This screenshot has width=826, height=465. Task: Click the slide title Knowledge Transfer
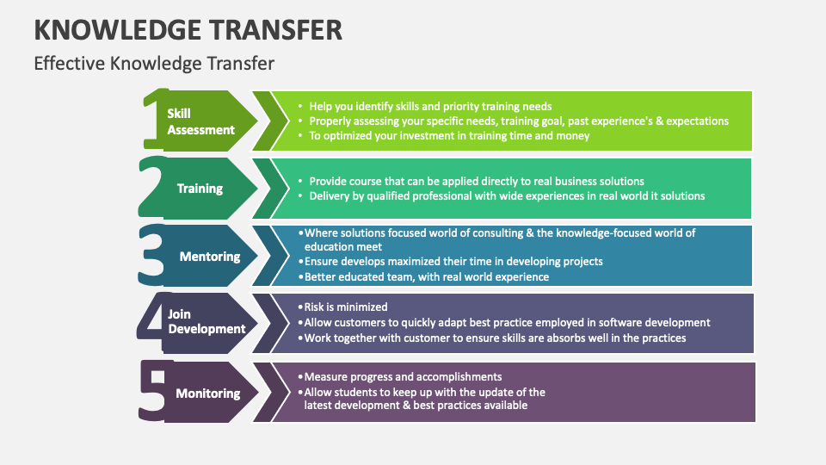188,29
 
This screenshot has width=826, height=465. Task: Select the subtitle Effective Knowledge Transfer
154,63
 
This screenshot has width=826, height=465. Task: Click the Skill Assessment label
200,121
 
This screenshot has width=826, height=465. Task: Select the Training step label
200,189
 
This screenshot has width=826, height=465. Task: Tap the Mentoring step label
210,257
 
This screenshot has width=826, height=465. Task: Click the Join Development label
206,322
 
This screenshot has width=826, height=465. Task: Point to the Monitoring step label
207,394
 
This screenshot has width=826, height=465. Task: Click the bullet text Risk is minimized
346,307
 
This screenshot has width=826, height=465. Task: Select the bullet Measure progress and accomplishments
403,376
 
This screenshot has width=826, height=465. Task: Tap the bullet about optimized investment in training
449,135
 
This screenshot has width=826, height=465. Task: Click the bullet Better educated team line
427,276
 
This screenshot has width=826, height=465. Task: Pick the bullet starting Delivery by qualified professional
507,195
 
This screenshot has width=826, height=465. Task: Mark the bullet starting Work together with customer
496,338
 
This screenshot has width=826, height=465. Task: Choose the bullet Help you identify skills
430,107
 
